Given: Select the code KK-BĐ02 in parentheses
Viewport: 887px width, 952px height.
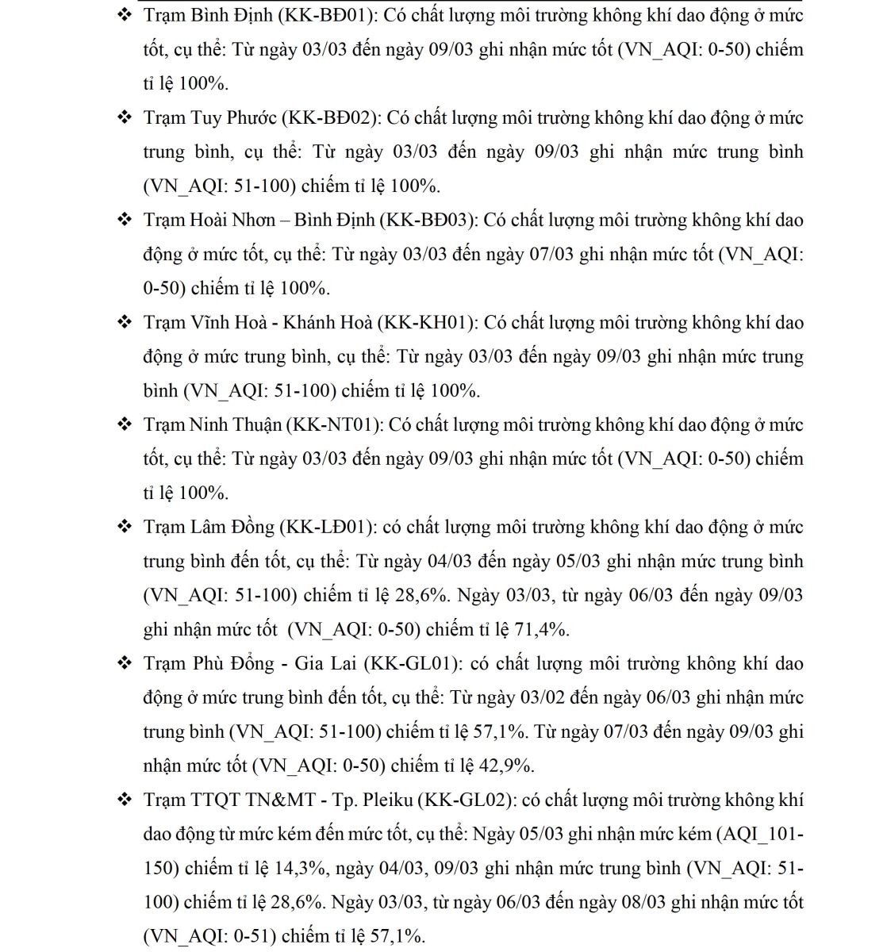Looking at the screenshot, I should pyautogui.click(x=332, y=117).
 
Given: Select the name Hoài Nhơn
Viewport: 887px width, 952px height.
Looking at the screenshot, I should pyautogui.click(x=232, y=220).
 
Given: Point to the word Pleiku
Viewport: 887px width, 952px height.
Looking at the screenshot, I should pyautogui.click(x=386, y=800).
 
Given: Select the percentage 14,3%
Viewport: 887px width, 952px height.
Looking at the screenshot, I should pyautogui.click(x=300, y=868).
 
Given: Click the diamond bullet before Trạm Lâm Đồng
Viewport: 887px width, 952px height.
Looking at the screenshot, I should pyautogui.click(x=125, y=527).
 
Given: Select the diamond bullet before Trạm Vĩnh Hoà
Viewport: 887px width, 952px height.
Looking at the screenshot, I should pyautogui.click(x=125, y=322).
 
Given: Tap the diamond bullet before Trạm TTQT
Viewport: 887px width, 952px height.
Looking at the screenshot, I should pyautogui.click(x=125, y=800).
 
